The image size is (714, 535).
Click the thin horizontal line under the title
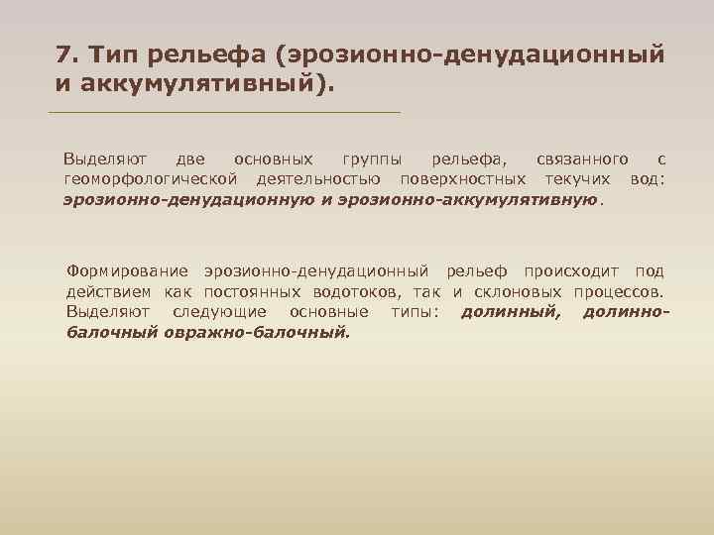point(224,112)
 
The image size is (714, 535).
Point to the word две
point(190,159)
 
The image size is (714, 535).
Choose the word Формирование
point(127,270)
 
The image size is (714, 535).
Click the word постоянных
point(251,291)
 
